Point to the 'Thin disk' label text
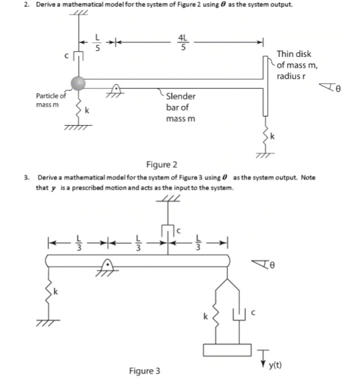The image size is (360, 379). [293, 54]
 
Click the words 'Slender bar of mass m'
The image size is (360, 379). [181, 107]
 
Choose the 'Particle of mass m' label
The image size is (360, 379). [50, 100]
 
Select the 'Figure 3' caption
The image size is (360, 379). [144, 371]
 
